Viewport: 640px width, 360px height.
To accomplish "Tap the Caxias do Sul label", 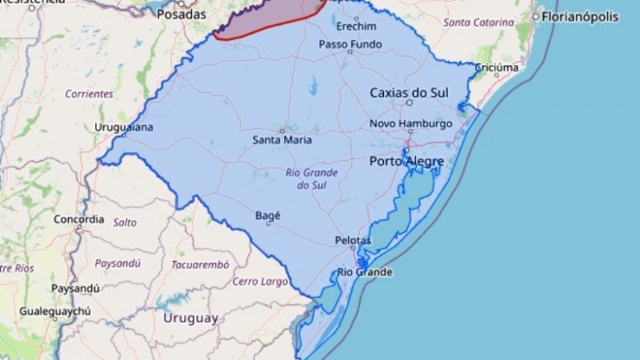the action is tap(408, 93).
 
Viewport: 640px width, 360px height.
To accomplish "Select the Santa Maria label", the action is tap(282, 140).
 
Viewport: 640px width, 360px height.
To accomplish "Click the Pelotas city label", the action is tap(353, 240).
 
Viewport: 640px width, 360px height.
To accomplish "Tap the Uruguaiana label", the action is tap(124, 127).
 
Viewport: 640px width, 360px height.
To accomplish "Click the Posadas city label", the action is tap(181, 14).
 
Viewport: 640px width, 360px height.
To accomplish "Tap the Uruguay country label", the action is tap(190, 318).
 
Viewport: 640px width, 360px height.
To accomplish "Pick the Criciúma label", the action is tap(497, 68).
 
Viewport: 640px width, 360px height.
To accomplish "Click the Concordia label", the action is tap(78, 219).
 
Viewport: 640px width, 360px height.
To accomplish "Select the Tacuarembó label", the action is tap(199, 264).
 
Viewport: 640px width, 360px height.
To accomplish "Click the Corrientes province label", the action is tap(89, 94).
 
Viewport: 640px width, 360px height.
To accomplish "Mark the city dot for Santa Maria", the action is tap(282, 130).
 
